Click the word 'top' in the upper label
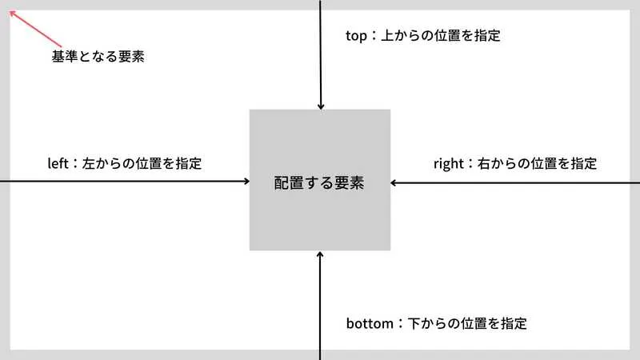coord(356,36)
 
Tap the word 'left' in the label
coord(58,163)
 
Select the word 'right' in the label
coord(449,164)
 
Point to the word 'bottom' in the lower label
coord(370,323)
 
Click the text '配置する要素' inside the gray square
coord(319,183)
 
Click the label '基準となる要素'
coord(98,56)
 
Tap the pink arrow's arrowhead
coord(13,14)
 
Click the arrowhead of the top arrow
coord(321,106)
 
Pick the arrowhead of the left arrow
coord(246,181)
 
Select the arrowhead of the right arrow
coord(394,183)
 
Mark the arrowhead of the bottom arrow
coord(320,254)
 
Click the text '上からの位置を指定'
coord(441,35)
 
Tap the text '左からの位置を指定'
coord(142,164)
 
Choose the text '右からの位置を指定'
coord(537,164)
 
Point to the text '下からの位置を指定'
coord(467,323)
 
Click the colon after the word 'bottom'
coord(401,324)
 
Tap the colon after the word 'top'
coord(374,36)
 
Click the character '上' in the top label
coord(387,35)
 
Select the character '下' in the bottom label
coord(414,323)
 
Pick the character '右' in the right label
coord(484,164)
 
